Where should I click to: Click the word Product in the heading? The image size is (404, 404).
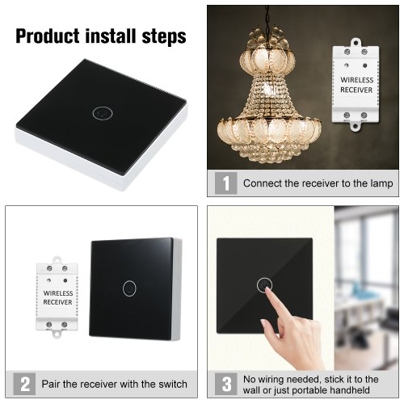[48, 36]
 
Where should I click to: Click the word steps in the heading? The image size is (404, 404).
[164, 36]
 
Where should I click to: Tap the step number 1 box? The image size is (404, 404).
[225, 183]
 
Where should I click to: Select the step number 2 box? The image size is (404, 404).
[24, 384]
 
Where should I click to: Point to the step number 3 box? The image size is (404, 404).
[225, 384]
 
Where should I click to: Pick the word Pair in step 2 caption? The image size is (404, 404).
[51, 384]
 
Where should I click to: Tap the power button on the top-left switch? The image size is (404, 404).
[102, 113]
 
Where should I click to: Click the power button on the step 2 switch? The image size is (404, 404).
[129, 288]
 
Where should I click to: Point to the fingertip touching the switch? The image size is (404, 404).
[267, 289]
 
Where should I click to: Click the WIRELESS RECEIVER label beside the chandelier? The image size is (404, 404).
[356, 85]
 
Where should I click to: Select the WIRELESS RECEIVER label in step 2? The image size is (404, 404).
[58, 297]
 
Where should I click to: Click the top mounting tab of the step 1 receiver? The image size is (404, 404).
[356, 42]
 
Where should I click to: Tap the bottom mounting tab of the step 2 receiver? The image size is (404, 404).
[57, 334]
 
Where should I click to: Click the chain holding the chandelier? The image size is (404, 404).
[267, 17]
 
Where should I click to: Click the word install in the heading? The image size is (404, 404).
[110, 36]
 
